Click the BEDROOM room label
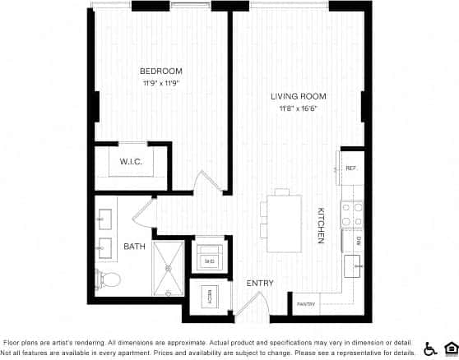click(160, 71)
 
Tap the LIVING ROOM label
click(297, 96)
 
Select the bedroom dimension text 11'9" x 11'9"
click(160, 82)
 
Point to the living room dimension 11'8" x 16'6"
click(297, 108)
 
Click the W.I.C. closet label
click(132, 161)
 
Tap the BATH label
click(134, 246)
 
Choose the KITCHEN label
click(321, 224)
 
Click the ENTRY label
click(259, 284)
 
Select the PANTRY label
click(307, 303)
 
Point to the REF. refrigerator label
click(350, 168)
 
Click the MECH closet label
click(209, 297)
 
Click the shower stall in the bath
click(169, 268)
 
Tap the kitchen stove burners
click(353, 215)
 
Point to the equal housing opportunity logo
click(450, 348)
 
